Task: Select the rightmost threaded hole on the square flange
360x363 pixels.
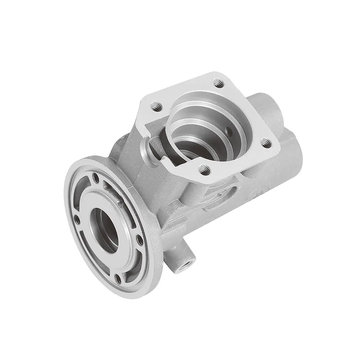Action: click(267, 141)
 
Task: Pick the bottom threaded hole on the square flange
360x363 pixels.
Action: click(204, 167)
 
